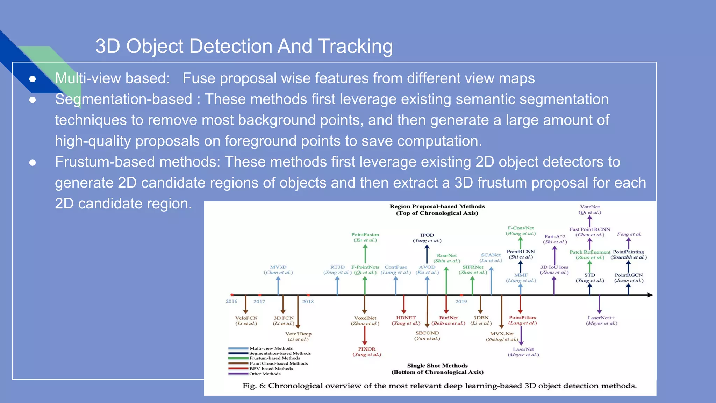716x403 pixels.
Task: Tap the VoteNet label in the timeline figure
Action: pos(590,207)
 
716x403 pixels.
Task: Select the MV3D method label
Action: pos(278,267)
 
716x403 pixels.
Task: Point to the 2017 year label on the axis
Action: pos(259,302)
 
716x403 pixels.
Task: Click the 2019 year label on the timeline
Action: pos(461,302)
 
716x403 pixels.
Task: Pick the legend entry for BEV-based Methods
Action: pos(271,369)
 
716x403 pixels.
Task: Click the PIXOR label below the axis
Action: pos(366,349)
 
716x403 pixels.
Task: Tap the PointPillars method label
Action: pos(522,318)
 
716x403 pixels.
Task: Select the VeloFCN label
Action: pos(246,318)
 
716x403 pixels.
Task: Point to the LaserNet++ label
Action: pos(601,318)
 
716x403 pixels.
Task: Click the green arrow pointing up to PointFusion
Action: pos(365,254)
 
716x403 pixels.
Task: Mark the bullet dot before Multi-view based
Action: pos(33,79)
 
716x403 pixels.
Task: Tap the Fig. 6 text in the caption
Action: pos(254,386)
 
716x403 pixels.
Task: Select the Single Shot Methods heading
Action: pos(437,366)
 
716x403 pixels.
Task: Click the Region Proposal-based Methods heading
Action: pos(437,206)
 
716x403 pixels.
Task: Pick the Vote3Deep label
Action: pos(298,334)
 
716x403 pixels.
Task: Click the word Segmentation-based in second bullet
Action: pos(123,99)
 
